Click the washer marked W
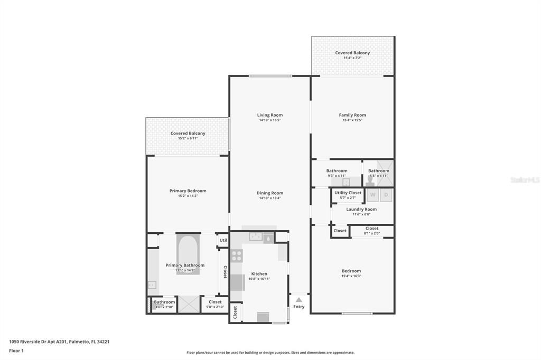(372, 195)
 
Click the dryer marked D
(386, 195)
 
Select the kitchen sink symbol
(256, 237)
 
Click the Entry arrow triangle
(299, 300)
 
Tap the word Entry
(299, 307)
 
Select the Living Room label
(269, 115)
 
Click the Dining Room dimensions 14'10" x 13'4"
(269, 198)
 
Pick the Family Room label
(352, 115)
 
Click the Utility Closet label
(348, 193)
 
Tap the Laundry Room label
(361, 210)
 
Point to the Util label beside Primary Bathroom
(223, 240)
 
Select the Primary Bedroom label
(188, 191)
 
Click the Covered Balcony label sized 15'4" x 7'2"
(352, 53)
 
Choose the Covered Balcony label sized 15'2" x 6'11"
(188, 134)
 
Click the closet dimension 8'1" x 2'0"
(372, 233)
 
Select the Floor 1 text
(16, 350)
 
